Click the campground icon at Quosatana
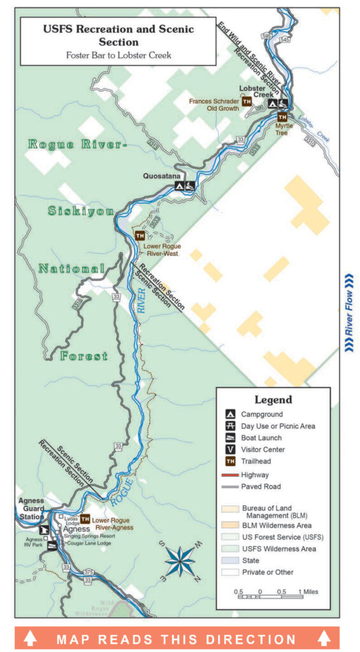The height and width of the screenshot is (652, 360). coord(180,186)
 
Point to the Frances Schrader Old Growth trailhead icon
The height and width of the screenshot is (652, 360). coord(246,102)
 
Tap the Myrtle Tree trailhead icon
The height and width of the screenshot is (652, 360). coord(282,117)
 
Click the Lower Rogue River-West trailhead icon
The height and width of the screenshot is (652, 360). coord(140,236)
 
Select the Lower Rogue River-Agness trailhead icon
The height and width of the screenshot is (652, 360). coord(85,519)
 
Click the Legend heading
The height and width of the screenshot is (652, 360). coord(273,400)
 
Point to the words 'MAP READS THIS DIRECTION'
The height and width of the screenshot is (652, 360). coord(176,639)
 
